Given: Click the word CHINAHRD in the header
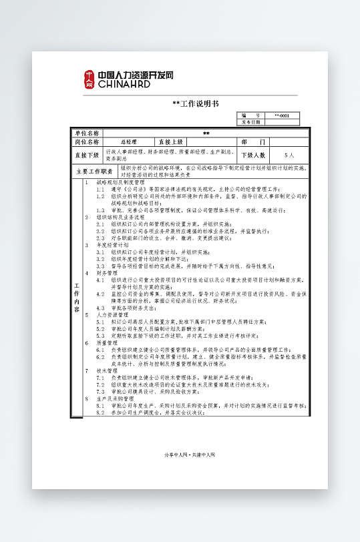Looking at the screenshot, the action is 124,85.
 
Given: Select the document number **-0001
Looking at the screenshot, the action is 282,116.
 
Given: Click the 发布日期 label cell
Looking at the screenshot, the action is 250,122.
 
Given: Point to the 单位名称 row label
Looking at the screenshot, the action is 86,133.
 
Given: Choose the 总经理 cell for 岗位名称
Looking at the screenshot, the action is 128,142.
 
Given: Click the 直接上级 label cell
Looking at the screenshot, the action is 170,142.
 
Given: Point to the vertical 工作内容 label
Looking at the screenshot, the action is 77,298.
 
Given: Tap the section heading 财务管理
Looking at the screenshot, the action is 107,273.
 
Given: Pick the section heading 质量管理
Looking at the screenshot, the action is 107,342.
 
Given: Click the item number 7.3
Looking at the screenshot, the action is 100,391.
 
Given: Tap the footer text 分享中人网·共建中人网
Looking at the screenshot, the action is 190,455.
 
